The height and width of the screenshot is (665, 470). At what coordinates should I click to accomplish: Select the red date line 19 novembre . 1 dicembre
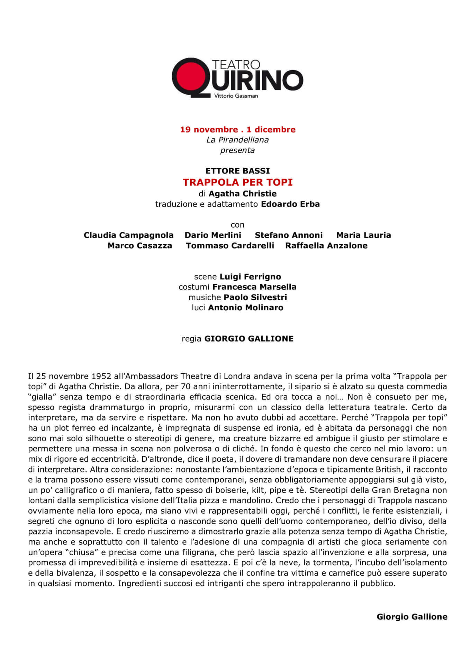pos(237,130)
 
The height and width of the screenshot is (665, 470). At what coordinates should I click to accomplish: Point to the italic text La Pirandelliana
pos(237,140)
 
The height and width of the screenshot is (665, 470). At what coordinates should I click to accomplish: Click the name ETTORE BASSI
pos(237,171)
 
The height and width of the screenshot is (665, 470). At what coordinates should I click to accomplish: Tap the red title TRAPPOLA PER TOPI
pos(237,182)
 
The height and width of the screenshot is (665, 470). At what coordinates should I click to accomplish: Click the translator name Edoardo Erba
pos(290,204)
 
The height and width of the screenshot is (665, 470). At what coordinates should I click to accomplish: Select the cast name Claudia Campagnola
pos(128,235)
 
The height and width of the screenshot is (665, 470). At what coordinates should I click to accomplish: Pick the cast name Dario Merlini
pos(213,235)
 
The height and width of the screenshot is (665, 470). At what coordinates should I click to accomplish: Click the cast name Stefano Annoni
pos(289,235)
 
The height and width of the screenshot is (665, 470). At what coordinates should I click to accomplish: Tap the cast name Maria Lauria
pos(363,235)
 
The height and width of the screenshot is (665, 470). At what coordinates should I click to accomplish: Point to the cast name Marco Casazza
pos(139,246)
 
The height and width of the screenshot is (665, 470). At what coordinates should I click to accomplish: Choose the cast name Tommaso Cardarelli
pos(230,246)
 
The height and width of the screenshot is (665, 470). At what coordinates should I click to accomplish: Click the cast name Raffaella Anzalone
pos(326,246)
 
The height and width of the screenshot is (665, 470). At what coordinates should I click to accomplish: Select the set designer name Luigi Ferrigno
pos(250,277)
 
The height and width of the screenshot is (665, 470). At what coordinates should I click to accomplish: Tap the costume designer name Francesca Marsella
pos(254,287)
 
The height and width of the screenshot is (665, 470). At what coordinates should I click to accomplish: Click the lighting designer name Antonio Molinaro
pos(245,308)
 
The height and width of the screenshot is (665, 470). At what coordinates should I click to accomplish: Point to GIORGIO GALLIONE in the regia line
pos(249,339)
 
